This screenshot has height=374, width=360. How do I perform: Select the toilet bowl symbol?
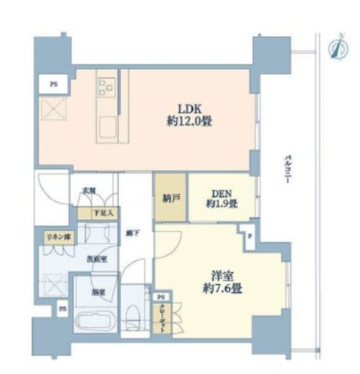click(134, 316)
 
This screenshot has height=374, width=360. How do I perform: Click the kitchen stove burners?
click(106, 87)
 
